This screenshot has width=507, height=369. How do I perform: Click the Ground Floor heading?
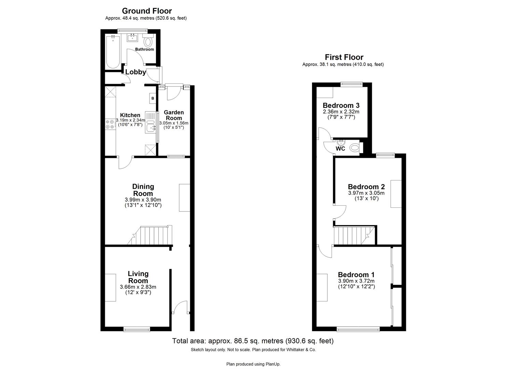click(147, 11)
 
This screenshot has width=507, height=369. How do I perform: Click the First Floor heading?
click(344, 57)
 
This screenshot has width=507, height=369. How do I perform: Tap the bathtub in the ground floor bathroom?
click(112, 51)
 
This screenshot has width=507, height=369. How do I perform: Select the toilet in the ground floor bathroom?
click(148, 42)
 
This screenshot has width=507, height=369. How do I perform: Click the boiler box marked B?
click(153, 98)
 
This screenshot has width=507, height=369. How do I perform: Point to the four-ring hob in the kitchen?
click(110, 124)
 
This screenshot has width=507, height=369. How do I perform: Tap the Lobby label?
click(135, 72)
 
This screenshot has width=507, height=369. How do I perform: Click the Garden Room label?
click(174, 115)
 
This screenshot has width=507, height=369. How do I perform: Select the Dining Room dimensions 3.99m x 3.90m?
click(143, 200)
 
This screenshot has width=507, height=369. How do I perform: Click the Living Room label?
click(138, 277)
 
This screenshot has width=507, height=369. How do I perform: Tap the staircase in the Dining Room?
click(152, 236)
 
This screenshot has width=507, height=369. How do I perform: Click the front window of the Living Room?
click(137, 329)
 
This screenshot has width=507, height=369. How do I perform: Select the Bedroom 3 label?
click(341, 105)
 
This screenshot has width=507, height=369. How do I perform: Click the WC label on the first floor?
click(340, 149)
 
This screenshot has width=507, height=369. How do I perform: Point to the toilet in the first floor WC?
click(355, 148)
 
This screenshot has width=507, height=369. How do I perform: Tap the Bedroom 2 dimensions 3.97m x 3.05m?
click(366, 193)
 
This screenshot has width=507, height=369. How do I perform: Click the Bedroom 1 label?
click(356, 275)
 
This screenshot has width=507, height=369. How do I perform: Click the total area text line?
click(253, 341)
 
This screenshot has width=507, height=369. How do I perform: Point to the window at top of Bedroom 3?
click(351, 83)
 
